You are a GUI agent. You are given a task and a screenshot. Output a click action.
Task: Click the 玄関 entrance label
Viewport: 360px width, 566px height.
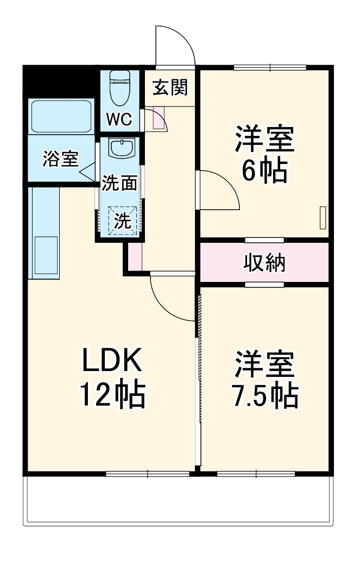[169, 87]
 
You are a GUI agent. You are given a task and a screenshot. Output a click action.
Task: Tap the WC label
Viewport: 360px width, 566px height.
[118, 120]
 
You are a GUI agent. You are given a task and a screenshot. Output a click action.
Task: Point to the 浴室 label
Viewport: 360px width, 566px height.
[61, 159]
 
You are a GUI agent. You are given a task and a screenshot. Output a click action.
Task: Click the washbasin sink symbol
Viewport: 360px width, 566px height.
[120, 148]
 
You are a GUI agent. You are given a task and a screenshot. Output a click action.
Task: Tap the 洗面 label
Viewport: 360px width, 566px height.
[119, 183]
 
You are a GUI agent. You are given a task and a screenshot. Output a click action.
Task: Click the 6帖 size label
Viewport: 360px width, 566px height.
[264, 172]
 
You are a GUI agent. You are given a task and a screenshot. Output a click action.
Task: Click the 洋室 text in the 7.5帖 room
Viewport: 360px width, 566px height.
[264, 364]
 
